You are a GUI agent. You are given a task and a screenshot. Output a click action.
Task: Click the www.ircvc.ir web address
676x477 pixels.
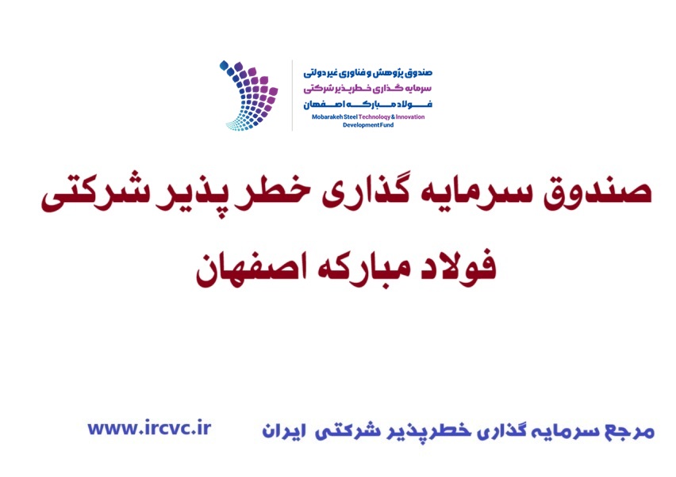click(149, 429)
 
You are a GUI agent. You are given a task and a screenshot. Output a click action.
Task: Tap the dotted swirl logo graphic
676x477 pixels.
click(248, 95)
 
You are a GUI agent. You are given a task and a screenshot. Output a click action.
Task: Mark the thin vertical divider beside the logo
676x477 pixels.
click(292, 95)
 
